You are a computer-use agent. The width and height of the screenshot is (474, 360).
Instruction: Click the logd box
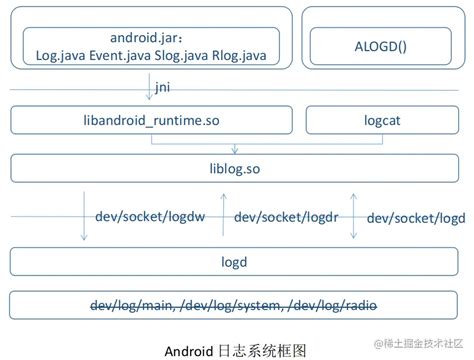pos(237,262)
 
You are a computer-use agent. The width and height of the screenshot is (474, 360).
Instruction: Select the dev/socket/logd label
pos(416,217)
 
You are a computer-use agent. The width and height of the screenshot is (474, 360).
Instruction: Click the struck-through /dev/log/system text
pos(237,304)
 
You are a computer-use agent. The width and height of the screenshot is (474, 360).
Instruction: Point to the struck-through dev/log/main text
pos(135,304)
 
